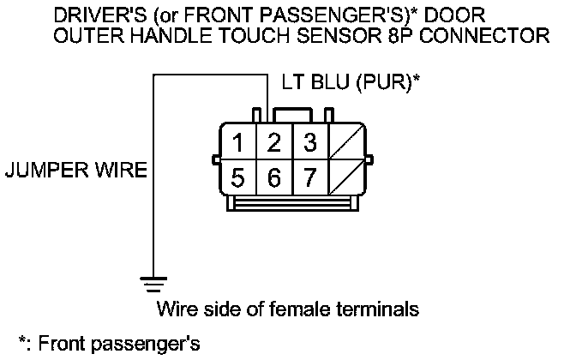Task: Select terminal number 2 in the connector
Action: coord(275,142)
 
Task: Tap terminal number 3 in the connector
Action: coord(309,142)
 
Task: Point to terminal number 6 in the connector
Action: coord(275,178)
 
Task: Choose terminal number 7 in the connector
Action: coord(309,178)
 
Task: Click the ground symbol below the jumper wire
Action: coord(153,282)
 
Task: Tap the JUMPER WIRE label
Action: coord(75,171)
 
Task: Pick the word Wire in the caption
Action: coord(175,308)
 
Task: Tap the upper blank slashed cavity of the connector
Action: coord(345,142)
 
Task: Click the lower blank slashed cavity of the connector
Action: coord(345,178)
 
